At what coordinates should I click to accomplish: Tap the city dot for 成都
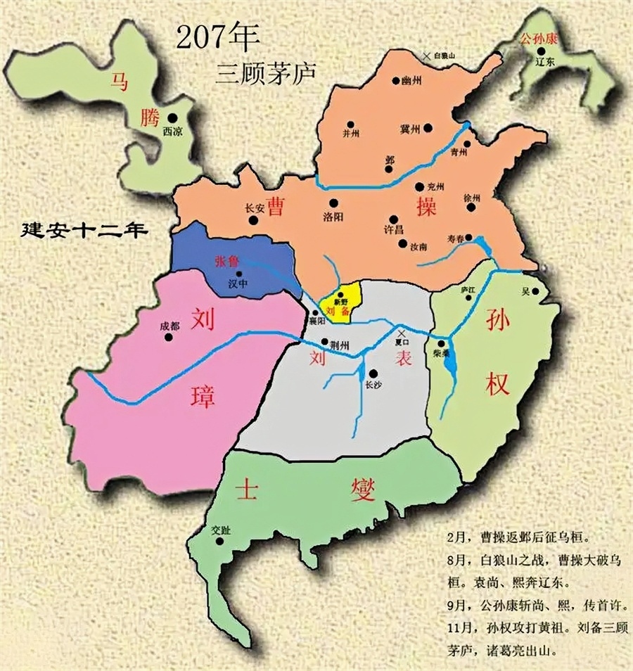click(169, 337)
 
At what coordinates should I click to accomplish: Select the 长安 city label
click(254, 208)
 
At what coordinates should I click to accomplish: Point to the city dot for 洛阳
click(333, 204)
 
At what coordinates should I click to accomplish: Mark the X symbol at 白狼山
click(426, 56)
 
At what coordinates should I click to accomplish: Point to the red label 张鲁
click(229, 260)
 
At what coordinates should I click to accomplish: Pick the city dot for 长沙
click(373, 373)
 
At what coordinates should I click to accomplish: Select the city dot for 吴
click(536, 290)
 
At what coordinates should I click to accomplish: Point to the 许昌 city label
click(392, 231)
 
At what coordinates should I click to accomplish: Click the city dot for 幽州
click(397, 81)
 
